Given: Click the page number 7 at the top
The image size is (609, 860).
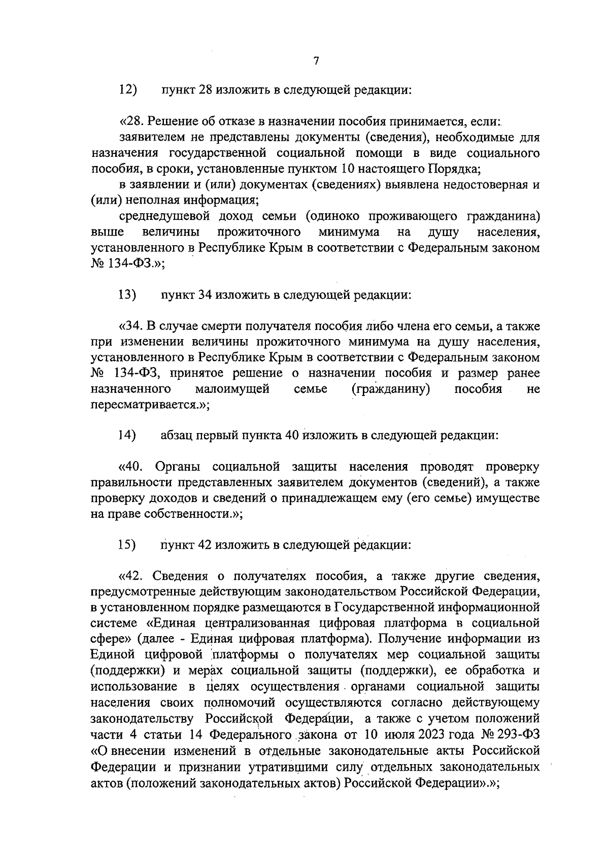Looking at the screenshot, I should pyautogui.click(x=316, y=61).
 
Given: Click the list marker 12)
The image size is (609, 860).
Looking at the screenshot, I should pyautogui.click(x=128, y=90).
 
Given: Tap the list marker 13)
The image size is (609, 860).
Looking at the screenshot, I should pyautogui.click(x=128, y=294).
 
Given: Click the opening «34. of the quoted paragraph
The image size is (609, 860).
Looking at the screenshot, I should pyautogui.click(x=133, y=325).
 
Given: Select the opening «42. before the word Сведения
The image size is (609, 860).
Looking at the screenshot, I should pyautogui.click(x=133, y=576).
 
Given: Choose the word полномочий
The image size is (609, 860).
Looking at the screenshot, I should pyautogui.click(x=240, y=703).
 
